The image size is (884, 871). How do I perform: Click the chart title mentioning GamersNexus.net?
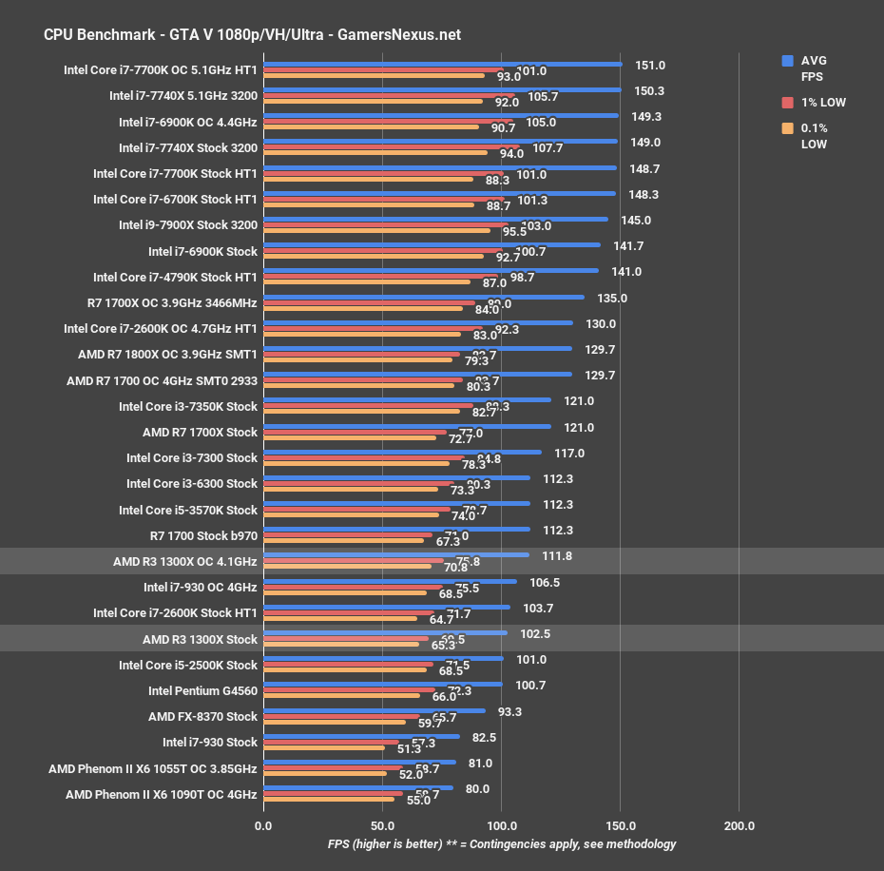(252, 34)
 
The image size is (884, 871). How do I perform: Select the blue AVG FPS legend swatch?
(787, 60)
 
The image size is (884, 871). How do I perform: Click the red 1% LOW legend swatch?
(787, 102)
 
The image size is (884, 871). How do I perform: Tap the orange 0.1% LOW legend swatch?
(787, 128)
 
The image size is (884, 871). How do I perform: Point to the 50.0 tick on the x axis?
(382, 825)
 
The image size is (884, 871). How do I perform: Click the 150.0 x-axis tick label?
(620, 825)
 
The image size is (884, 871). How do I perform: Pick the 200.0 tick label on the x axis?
(740, 825)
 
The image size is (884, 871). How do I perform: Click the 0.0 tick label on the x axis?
(263, 825)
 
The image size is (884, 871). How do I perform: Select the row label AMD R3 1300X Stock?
(200, 639)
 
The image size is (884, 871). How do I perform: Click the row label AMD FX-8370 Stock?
(202, 716)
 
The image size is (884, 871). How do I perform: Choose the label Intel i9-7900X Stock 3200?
(188, 225)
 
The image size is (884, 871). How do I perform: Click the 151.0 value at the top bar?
(650, 66)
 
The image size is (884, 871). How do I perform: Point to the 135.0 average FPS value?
(612, 298)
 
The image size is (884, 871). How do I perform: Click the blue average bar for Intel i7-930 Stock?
(361, 736)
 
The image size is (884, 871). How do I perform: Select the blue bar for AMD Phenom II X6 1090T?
(358, 787)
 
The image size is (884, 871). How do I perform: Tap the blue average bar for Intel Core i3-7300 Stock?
(402, 452)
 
